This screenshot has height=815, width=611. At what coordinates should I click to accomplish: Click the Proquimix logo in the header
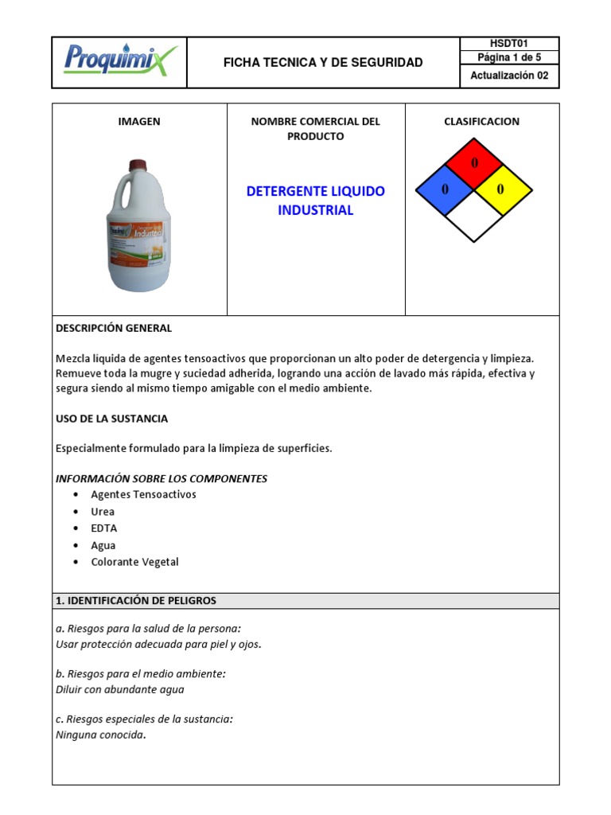coord(119,60)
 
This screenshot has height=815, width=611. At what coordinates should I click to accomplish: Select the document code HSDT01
coord(509,44)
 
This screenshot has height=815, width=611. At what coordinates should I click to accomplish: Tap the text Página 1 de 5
coord(509,57)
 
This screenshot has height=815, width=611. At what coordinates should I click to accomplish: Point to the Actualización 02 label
coord(509,76)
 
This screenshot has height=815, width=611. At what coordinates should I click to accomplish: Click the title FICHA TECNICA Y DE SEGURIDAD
coord(323,62)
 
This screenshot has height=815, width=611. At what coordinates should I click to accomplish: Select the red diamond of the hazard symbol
coord(474,164)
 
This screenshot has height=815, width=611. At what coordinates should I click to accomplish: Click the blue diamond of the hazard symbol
coord(445,189)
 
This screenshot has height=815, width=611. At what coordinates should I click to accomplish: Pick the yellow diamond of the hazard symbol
coord(503,189)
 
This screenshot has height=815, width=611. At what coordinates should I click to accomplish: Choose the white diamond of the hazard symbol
coord(474,216)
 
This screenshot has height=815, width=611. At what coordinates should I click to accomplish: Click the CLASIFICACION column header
coord(481,122)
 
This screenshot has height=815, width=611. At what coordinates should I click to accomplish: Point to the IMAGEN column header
coord(139,122)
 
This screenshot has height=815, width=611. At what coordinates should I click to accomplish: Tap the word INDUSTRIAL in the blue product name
coord(315,211)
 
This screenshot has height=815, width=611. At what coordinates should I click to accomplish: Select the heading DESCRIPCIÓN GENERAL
coord(114,328)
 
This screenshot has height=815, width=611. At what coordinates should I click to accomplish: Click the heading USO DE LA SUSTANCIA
coord(112,419)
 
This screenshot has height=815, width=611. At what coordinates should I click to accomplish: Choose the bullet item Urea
coord(103,512)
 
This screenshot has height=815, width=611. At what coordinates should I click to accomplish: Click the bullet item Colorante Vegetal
coord(134,562)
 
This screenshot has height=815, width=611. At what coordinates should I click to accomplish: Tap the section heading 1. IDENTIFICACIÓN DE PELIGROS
coord(136,601)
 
